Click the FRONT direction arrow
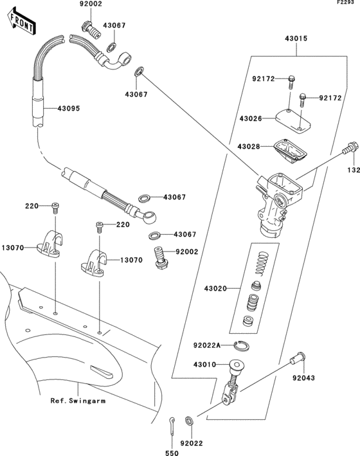coord(21,22)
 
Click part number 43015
coord(296,39)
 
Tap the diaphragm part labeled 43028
coord(290,151)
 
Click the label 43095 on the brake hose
coord(69,109)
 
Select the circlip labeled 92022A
coord(242,345)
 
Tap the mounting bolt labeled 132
coord(350,148)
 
